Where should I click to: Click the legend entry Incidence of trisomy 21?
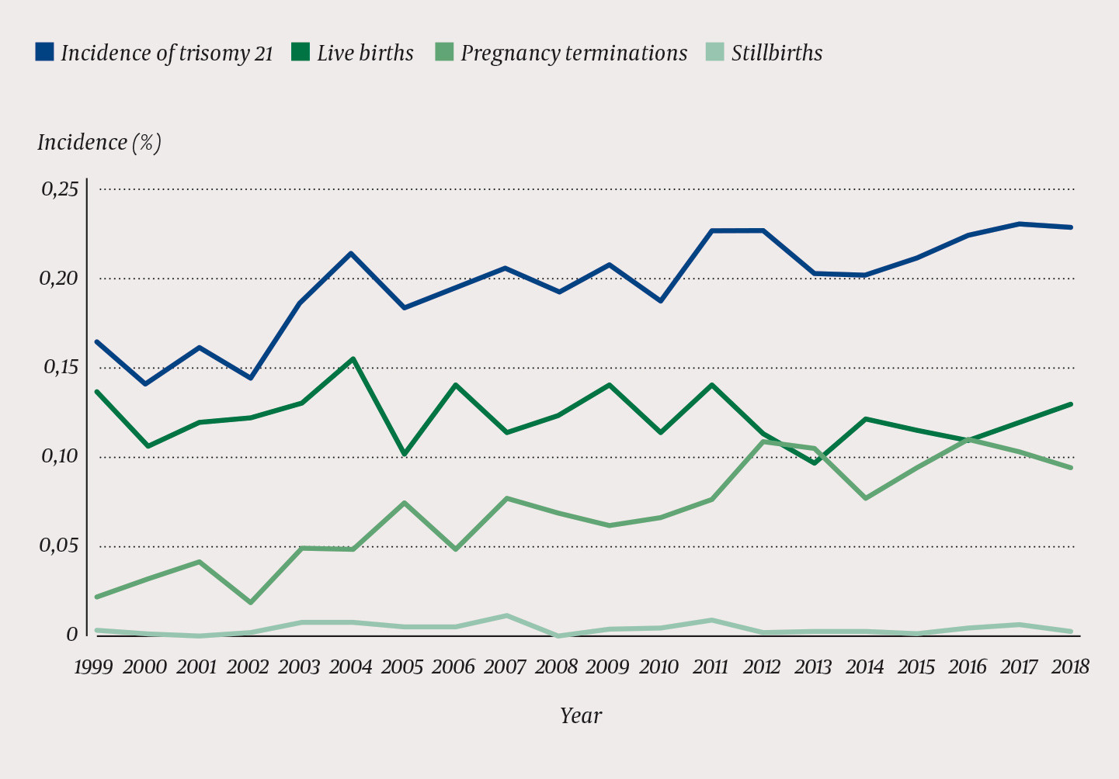166,53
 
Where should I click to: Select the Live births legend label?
365,53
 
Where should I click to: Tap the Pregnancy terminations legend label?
573,53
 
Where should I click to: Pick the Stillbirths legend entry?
777,53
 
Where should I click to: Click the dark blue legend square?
45,52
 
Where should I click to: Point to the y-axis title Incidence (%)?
99,143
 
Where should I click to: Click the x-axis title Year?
581,715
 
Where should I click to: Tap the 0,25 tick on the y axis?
59,189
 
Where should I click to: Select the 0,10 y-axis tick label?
59,457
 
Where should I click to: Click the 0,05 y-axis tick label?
59,546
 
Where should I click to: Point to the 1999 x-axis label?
93,667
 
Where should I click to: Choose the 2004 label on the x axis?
351,667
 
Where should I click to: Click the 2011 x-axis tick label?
711,667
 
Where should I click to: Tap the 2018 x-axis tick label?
1070,667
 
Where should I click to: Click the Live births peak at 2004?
353,358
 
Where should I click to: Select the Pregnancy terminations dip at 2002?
251,602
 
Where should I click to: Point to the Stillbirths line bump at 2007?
506,616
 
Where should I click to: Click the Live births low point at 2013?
814,462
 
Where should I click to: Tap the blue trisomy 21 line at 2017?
1020,224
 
